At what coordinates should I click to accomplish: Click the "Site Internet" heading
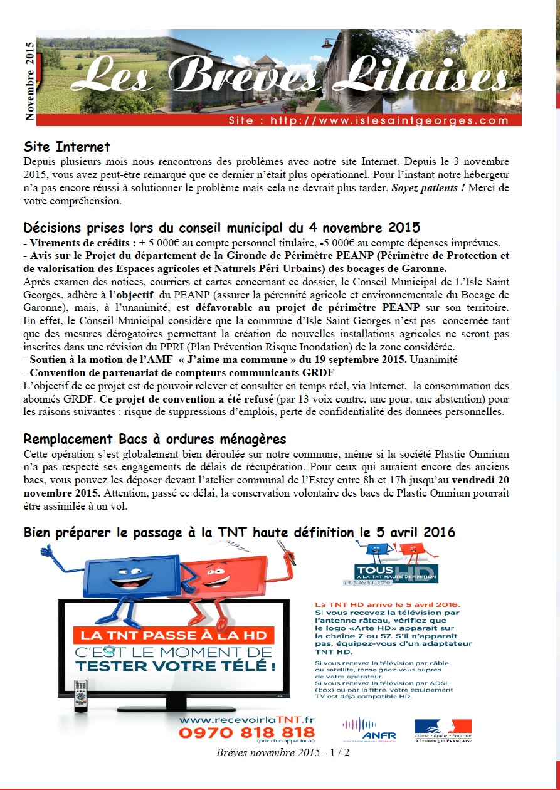click(x=67, y=147)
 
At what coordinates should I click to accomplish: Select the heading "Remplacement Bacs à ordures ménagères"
click(x=155, y=439)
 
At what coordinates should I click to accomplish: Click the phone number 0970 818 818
click(x=246, y=732)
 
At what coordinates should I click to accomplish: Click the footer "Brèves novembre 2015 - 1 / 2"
click(x=283, y=752)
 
